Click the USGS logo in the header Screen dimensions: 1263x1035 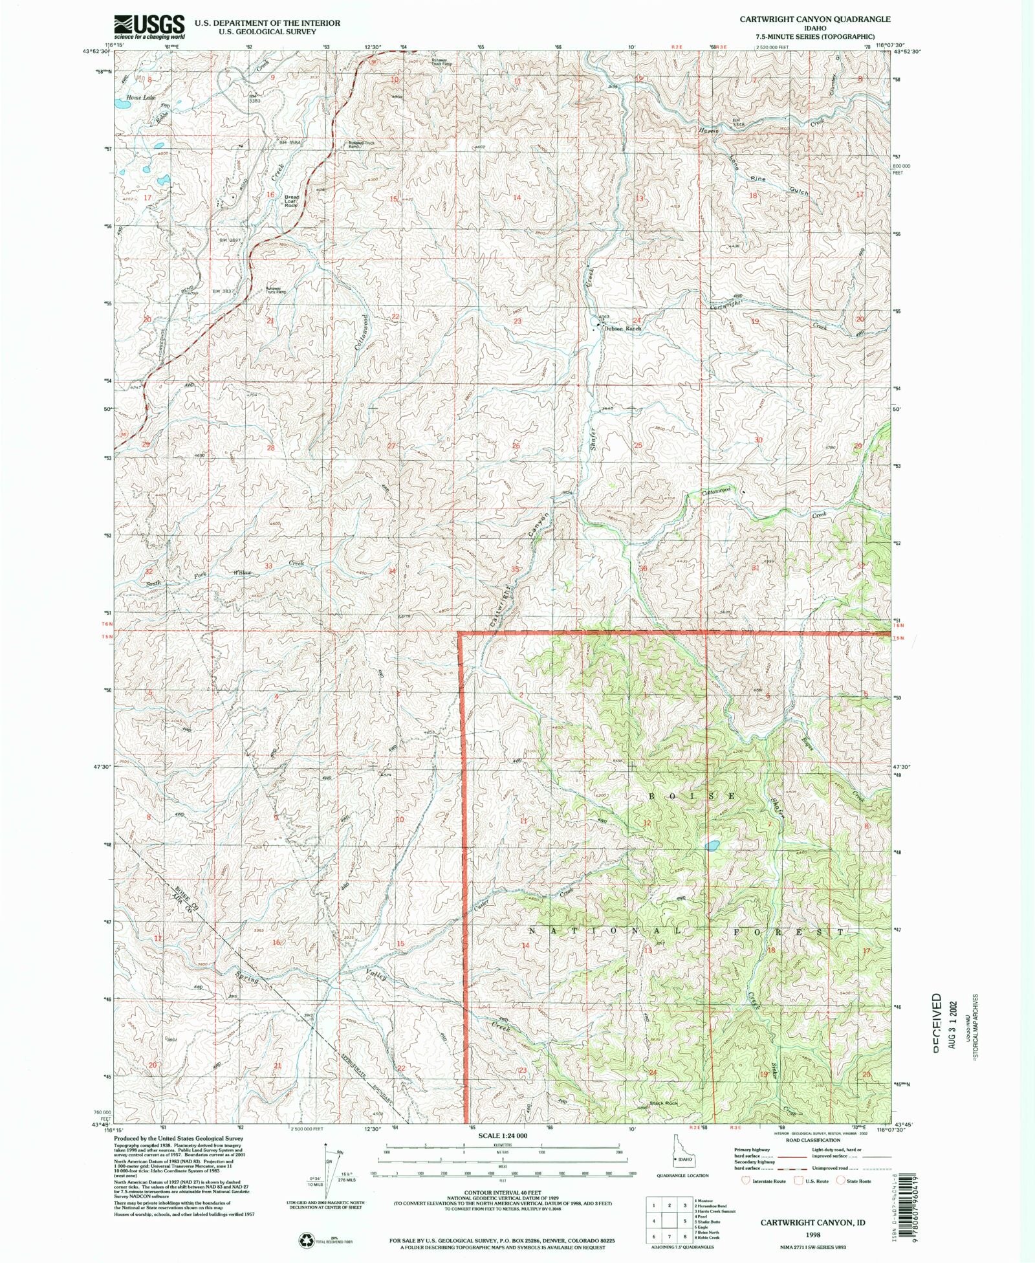[x=149, y=27]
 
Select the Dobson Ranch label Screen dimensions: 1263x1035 [x=622, y=329]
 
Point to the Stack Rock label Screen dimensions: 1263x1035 [x=663, y=1103]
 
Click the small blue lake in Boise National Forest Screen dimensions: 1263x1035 [x=712, y=845]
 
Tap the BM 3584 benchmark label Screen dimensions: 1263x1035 [x=291, y=142]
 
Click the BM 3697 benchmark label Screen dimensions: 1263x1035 [x=230, y=241]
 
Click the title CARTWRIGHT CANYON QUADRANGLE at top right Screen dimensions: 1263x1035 [x=814, y=19]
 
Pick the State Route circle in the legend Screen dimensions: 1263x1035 [x=842, y=1181]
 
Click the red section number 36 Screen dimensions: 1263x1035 [x=642, y=568]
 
